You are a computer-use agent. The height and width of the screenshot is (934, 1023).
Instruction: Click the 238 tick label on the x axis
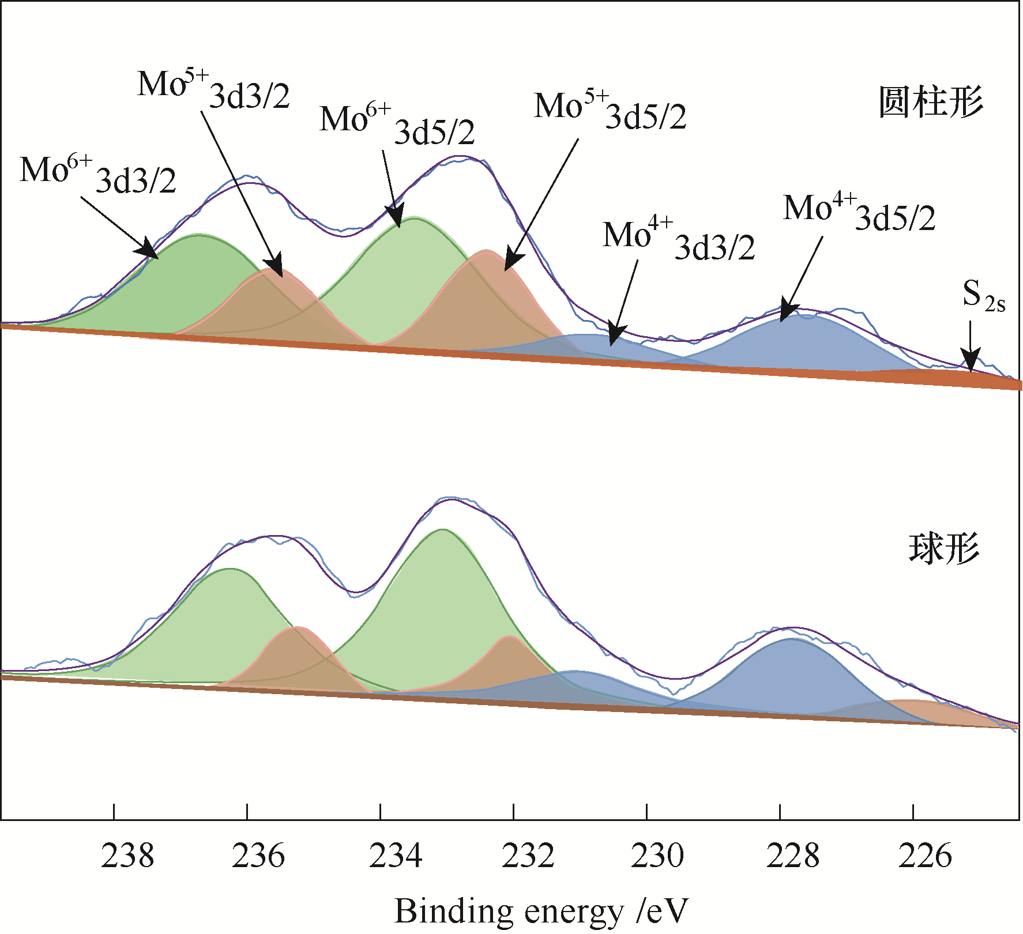click(127, 856)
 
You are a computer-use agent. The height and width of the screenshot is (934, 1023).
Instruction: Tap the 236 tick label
click(258, 856)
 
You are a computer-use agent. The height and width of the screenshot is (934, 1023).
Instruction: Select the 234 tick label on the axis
click(396, 856)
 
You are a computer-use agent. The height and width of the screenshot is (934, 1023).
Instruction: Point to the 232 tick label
click(528, 856)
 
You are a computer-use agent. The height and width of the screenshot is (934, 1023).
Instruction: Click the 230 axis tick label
click(657, 856)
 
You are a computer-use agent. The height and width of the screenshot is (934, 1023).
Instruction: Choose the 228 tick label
click(792, 856)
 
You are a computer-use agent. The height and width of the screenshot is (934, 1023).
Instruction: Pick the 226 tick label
click(925, 856)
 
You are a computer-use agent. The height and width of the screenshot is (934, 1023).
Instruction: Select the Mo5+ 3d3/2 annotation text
click(213, 89)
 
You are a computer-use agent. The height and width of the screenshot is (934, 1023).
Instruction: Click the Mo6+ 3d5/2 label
click(397, 125)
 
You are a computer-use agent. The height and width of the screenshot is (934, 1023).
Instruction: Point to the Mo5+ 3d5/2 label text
click(610, 111)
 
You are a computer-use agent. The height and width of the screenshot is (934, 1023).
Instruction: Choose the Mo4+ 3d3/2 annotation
click(679, 239)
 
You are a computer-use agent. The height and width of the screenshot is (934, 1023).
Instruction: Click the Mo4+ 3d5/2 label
click(859, 212)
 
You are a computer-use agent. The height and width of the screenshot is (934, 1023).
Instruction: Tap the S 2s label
click(983, 296)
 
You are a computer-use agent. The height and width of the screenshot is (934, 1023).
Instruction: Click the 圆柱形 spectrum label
click(931, 103)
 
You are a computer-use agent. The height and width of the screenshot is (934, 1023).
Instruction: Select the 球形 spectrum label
click(944, 548)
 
